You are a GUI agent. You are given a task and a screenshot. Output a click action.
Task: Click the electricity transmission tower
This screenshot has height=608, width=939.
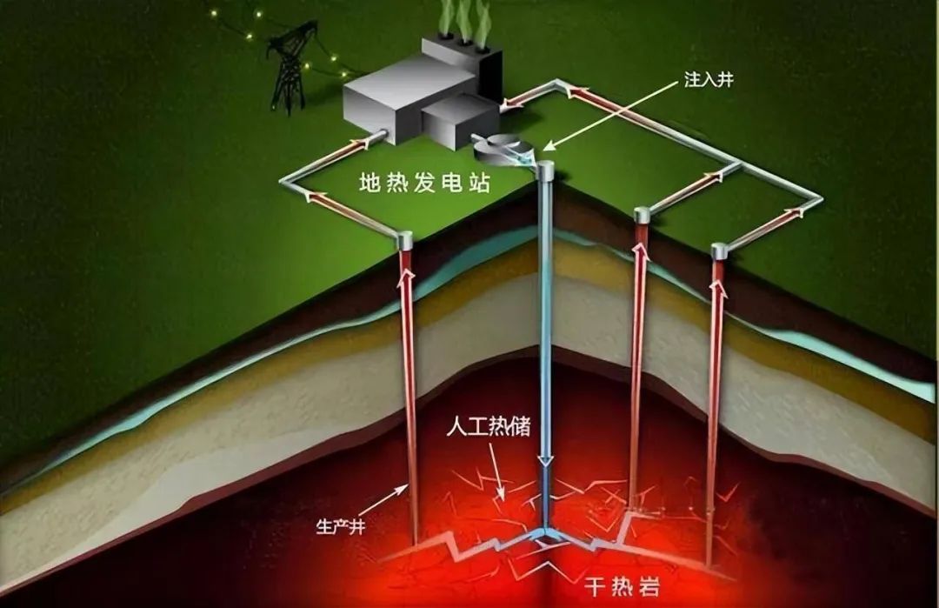pyautogui.click(x=288, y=67)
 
